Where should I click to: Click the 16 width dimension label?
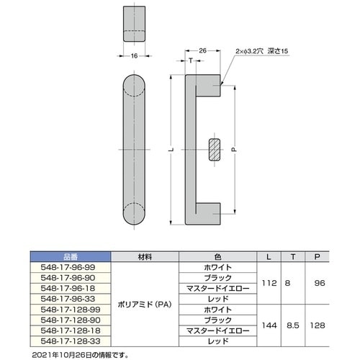(134, 55)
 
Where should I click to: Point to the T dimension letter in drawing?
(190, 62)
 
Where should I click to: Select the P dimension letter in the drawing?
(233, 150)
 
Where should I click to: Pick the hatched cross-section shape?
(214, 149)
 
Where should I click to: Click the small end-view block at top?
(134, 25)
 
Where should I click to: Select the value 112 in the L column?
(269, 283)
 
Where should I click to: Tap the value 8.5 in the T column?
(293, 325)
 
